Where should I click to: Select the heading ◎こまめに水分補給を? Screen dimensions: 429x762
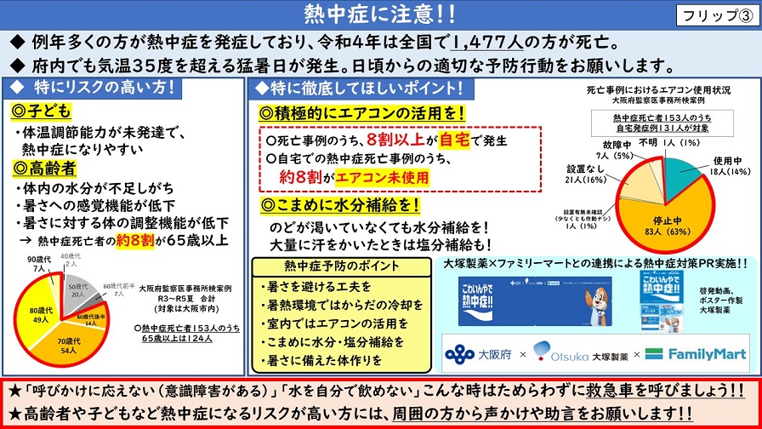[340, 205]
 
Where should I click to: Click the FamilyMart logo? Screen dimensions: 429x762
[697, 353]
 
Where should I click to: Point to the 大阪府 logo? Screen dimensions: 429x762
[479, 353]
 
